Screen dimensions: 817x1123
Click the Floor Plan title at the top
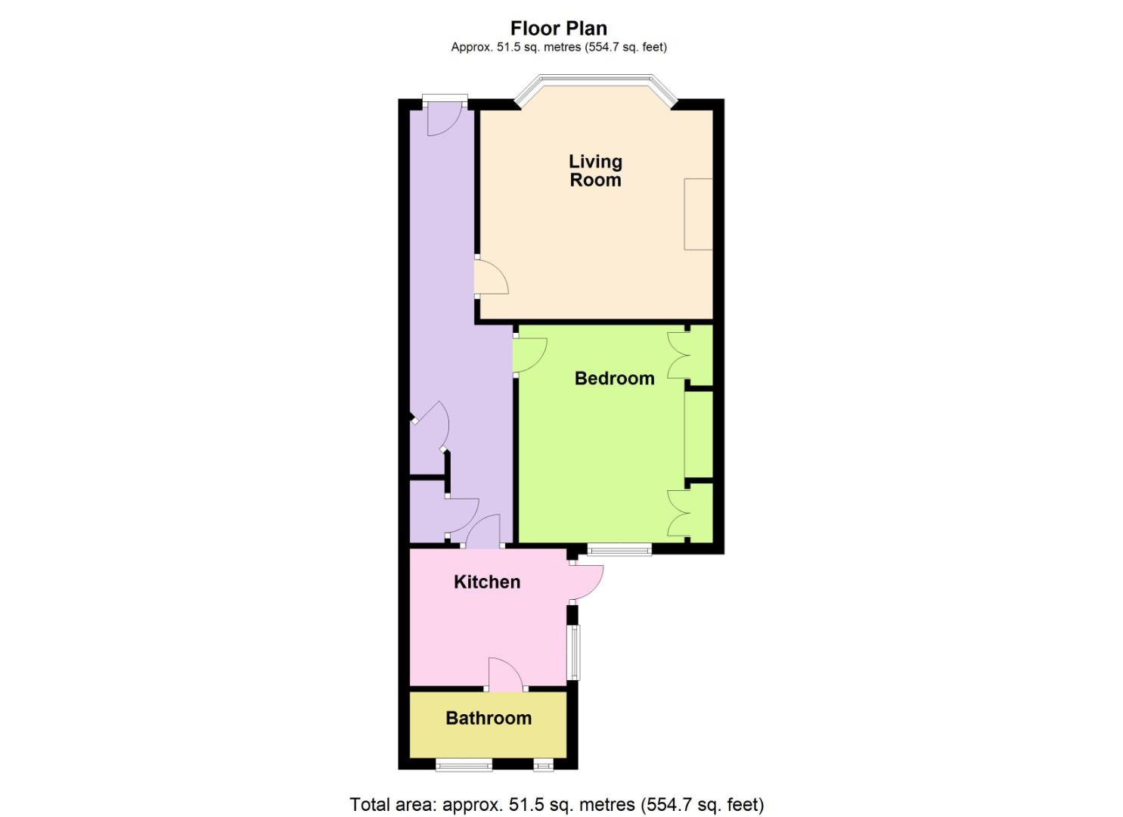tap(558, 28)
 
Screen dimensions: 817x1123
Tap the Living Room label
tap(595, 170)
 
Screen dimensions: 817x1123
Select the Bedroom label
tap(614, 378)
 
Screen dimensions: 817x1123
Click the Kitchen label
tap(487, 582)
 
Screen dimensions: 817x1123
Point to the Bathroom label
tap(489, 718)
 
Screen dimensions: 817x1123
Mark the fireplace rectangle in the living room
tap(698, 214)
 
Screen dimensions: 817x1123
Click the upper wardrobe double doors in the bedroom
tap(678, 356)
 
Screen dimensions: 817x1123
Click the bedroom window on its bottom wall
tap(619, 550)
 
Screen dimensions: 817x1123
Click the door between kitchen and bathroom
tap(506, 676)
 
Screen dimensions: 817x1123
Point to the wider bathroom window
tap(464, 765)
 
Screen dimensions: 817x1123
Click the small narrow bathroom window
tap(543, 765)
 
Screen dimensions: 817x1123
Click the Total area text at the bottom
tap(557, 804)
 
